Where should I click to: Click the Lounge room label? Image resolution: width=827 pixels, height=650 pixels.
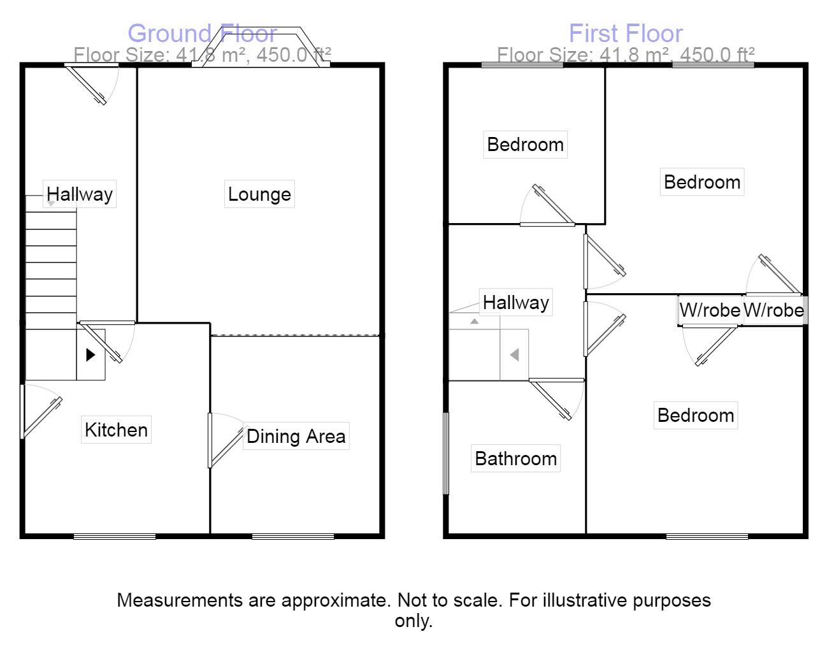259,194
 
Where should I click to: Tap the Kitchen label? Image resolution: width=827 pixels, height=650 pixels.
116,430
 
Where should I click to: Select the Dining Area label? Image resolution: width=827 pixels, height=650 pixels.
296,437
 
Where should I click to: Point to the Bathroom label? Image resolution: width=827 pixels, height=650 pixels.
515,459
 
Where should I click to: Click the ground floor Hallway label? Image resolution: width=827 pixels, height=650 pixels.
80,194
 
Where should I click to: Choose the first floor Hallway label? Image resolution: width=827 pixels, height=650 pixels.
515,303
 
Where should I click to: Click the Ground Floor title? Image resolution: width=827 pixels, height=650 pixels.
202,33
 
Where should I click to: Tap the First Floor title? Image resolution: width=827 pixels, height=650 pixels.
626,33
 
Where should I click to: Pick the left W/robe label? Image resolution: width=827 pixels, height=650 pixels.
710,310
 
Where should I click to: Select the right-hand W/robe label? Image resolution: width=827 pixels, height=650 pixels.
773,310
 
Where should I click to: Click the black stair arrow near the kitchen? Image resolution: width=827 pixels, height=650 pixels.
90,354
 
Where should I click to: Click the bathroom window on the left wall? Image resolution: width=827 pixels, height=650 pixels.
446,453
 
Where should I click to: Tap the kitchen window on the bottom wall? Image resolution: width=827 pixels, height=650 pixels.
115,537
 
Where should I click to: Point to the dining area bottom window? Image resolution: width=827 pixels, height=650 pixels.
293,537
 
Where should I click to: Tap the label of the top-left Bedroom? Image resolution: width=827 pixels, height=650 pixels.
525,145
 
